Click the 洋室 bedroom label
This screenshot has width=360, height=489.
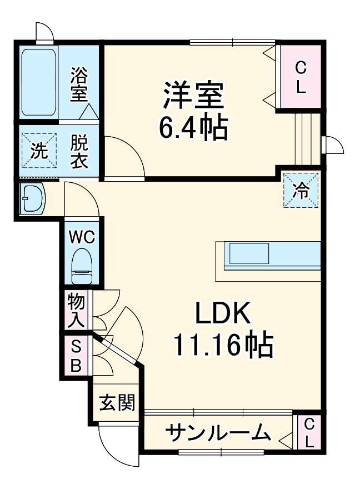193,95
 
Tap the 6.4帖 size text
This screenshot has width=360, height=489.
193,128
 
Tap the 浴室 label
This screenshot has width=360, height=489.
78,84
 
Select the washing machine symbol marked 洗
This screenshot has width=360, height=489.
39,151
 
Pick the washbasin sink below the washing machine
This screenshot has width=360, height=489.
32,199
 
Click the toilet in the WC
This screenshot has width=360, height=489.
82,266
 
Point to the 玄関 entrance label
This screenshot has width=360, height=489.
117,402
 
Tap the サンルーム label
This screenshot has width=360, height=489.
217,433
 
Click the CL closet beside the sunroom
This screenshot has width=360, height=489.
308,432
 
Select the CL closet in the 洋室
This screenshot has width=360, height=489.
300,77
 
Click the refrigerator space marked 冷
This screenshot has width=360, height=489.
301,190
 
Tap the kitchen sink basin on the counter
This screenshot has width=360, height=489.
249,253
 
